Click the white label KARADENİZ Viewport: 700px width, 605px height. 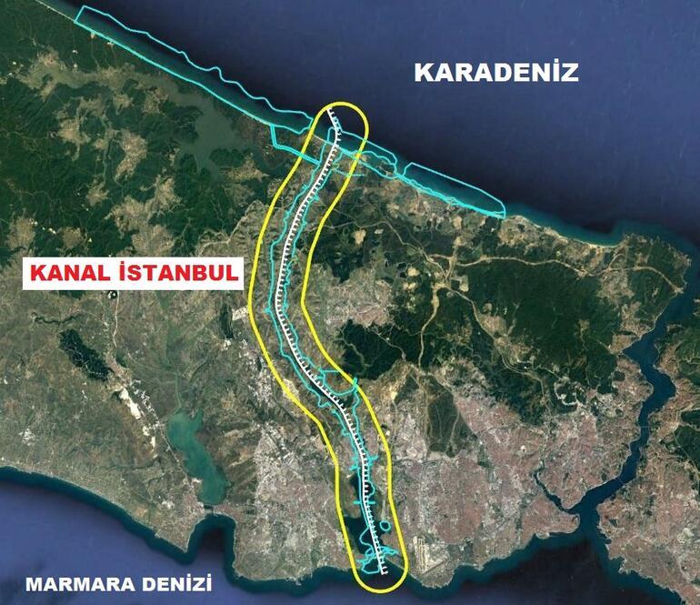tap(496, 73)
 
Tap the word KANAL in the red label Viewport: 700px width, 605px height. tap(70, 272)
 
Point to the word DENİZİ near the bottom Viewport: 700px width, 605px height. tap(171, 583)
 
